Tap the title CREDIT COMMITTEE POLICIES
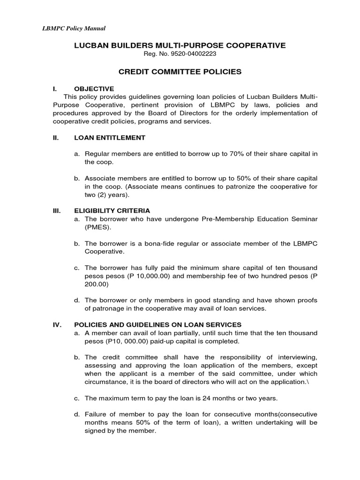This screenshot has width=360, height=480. [180, 72]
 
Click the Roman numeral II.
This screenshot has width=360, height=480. [55, 138]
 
